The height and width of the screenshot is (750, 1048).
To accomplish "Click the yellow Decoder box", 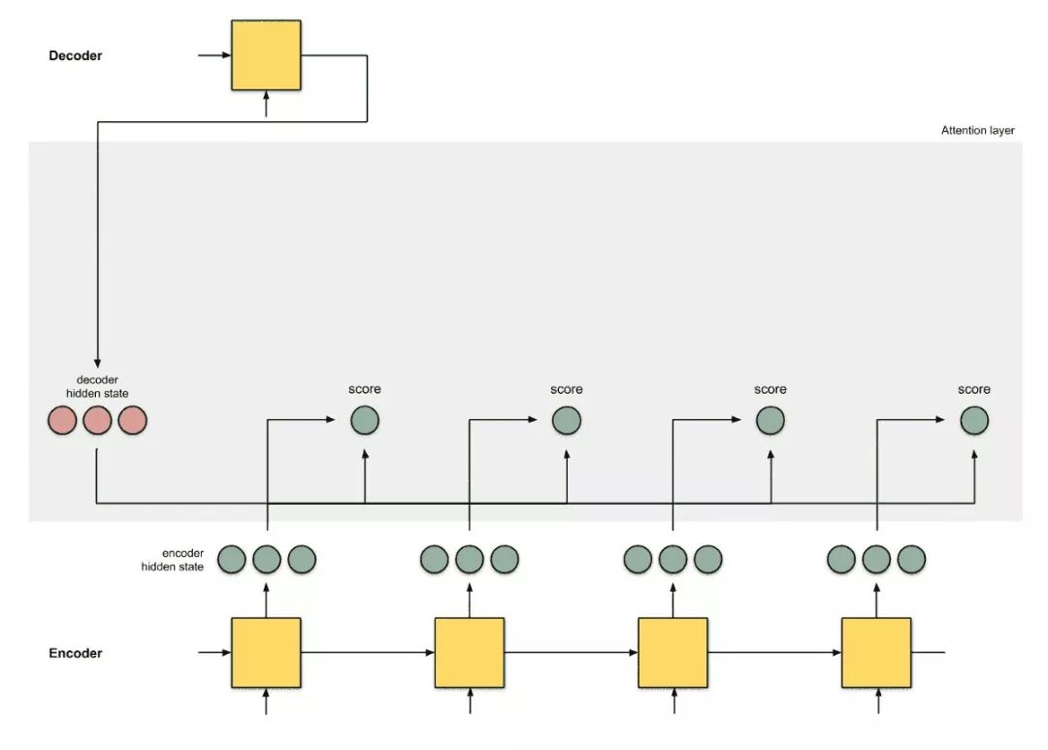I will [266, 55].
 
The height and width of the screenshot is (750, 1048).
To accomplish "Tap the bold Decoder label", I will [76, 55].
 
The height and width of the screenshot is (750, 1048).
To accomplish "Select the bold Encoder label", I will [76, 653].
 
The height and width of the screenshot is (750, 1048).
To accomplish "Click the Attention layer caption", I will [977, 130].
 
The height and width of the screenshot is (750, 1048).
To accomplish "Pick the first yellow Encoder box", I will [266, 652].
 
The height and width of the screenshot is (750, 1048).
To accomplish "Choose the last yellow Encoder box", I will [876, 652].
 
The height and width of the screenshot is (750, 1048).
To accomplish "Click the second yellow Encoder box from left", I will [470, 652].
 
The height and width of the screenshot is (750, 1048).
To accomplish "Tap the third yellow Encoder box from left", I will [672, 652].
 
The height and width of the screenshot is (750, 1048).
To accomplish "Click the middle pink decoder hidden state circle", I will [97, 421].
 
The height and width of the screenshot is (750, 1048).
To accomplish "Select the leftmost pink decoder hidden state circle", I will [62, 421].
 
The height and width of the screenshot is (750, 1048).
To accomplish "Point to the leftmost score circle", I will [365, 421].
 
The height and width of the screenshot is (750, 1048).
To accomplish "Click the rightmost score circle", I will [974, 421].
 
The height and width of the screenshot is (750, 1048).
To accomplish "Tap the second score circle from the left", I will [567, 421].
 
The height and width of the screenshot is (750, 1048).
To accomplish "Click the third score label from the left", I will [770, 389].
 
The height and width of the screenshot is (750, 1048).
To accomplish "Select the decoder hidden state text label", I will [97, 386].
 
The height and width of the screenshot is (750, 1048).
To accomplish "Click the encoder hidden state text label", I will [173, 559].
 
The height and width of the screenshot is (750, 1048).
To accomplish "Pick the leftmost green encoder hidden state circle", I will [232, 560].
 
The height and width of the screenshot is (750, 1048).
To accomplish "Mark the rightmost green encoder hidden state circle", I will [912, 560].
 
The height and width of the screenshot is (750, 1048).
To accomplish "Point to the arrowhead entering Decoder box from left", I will [225, 55].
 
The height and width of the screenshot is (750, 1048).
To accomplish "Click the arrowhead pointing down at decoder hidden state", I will [97, 360].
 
